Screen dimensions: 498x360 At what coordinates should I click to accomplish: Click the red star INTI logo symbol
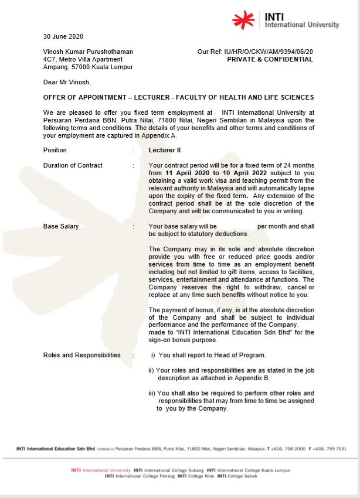243,20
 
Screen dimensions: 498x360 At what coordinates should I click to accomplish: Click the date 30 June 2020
63,36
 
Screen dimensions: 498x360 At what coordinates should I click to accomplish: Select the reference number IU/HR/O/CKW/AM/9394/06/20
268,52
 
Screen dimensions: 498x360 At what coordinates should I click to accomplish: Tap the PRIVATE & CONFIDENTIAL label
270,59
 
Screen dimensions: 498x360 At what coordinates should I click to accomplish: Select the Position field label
55,150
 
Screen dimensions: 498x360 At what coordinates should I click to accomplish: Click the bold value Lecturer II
165,150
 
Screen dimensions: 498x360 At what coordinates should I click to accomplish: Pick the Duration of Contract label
73,165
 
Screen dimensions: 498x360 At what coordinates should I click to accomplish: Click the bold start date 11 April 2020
188,173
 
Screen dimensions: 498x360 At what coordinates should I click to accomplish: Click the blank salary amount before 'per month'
237,226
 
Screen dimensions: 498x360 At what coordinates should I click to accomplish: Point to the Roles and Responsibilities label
81,355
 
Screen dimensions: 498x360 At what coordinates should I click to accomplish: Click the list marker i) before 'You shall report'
154,355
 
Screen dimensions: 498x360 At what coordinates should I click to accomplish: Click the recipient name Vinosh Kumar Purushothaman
88,52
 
